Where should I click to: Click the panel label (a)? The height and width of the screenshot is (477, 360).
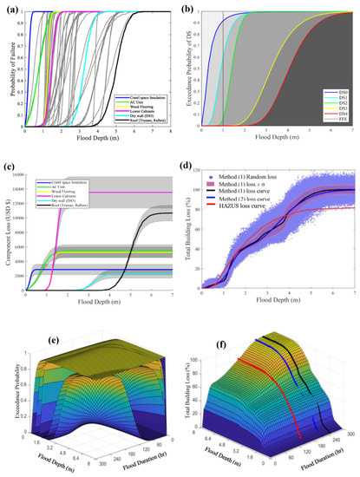(11, 6)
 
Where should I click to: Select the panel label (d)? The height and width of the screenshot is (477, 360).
(195, 168)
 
